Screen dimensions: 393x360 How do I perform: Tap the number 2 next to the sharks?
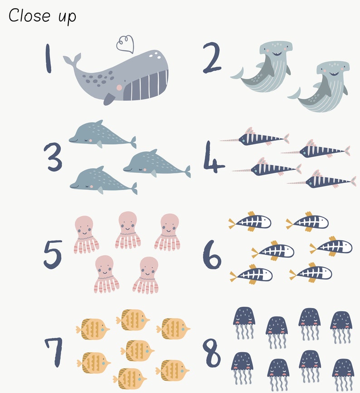pos(212,58)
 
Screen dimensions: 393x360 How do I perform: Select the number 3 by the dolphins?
pos(54,157)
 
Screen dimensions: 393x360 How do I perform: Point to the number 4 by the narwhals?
pos(213,157)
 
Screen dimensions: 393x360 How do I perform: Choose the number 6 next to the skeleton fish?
pos(212,254)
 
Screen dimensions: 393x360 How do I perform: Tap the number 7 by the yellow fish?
pos(54,352)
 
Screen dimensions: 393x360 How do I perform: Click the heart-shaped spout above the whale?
pos(125,44)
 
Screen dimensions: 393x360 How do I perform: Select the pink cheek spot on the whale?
pos(119,87)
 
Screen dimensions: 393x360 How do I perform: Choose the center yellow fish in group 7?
pos(137,350)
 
